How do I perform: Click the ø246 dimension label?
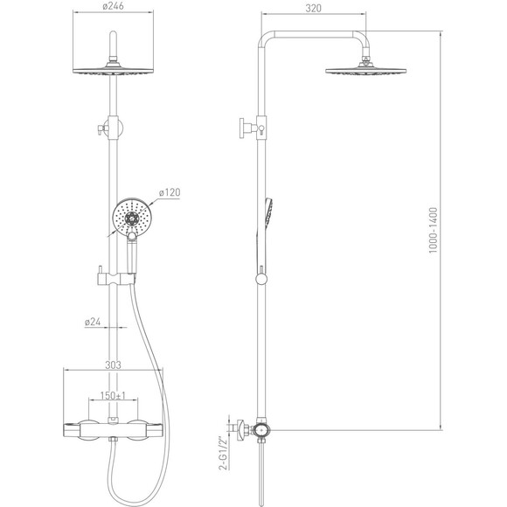[x=113, y=6]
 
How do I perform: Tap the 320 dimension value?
[x=313, y=9]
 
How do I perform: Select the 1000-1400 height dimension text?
[x=433, y=230]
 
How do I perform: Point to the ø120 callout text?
[x=170, y=192]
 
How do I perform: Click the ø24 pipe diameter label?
[x=93, y=322]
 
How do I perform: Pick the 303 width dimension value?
[x=113, y=365]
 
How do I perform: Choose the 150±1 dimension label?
[x=113, y=395]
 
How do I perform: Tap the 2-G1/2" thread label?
[x=222, y=454]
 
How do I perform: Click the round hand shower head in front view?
[x=132, y=218]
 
